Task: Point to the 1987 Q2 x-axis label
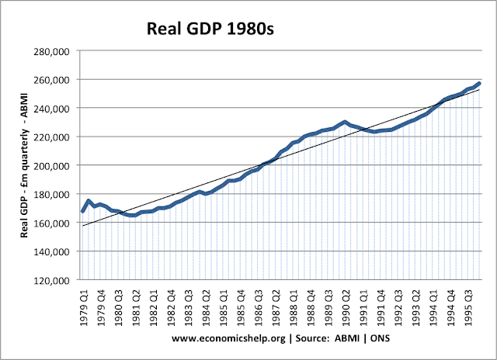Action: pos(275,305)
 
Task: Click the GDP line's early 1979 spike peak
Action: pos(89,200)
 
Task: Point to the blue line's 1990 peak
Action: pos(345,122)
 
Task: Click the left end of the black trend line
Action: pos(83,226)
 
